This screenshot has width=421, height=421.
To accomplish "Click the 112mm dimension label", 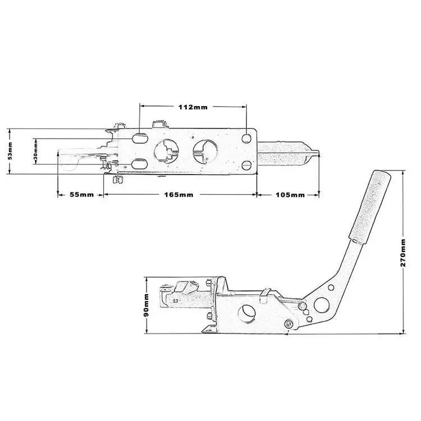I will (193, 107).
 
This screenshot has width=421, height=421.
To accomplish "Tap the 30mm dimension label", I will (36, 152).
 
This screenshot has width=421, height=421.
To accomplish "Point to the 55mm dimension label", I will (81, 195).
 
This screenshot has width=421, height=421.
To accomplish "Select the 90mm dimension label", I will (147, 305).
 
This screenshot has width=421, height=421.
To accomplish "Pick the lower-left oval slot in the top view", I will (140, 163).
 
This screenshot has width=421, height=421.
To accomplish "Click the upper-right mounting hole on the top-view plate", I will (246, 138).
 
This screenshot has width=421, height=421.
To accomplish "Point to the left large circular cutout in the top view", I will (167, 150).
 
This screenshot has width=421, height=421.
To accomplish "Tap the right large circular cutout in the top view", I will (203, 150).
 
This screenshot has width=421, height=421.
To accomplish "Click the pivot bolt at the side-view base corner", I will (289, 323).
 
